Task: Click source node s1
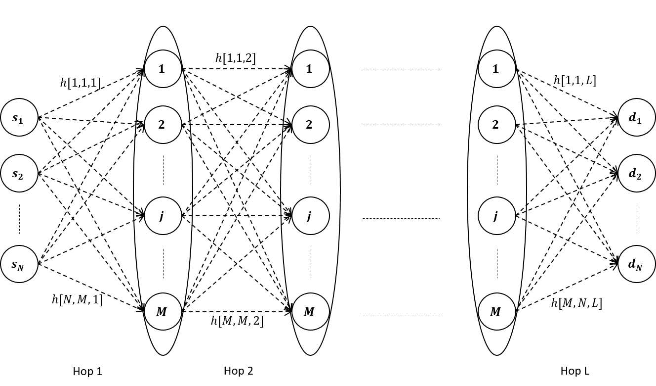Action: pos(19,117)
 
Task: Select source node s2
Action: pos(19,173)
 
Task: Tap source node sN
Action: pos(19,264)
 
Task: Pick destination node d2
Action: pos(636,173)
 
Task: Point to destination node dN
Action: pos(636,264)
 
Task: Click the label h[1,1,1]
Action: pos(80,83)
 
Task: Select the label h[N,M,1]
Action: pos(77,299)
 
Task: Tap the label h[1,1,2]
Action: pos(235,57)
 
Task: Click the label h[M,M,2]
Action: pos(237,321)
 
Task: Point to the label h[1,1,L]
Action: pos(574,80)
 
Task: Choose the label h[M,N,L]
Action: pos(576,303)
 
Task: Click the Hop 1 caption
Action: pos(87,371)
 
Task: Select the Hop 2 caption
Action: pos(238,371)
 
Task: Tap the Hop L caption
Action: pos(574,371)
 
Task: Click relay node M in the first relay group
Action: pos(163,312)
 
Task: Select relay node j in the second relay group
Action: pos(310,216)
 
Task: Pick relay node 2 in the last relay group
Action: pos(496,125)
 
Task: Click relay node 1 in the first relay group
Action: pos(163,69)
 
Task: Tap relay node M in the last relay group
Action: pos(496,312)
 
